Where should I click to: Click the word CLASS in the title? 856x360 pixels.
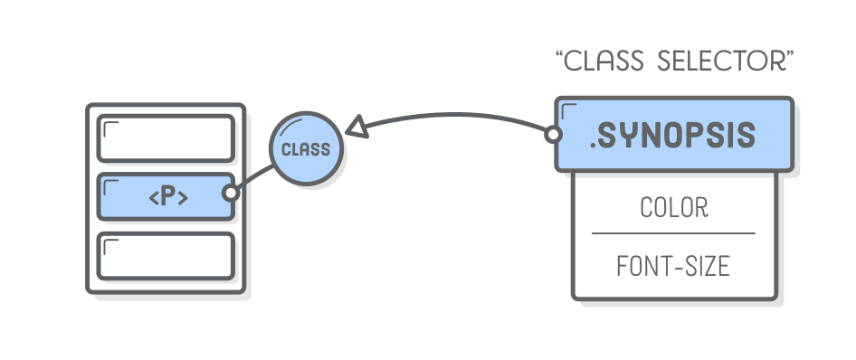click(605, 62)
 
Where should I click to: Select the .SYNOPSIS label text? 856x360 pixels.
click(673, 136)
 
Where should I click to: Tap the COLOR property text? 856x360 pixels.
click(673, 207)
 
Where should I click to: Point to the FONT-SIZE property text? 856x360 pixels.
click(673, 267)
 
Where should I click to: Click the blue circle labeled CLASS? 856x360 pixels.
click(306, 149)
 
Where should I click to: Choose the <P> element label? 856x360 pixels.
click(168, 196)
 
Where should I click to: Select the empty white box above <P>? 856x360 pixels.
click(166, 137)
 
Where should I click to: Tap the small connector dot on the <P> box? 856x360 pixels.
click(231, 193)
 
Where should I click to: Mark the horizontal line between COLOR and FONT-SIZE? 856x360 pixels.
click(673, 233)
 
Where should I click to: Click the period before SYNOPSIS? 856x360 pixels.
click(594, 146)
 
